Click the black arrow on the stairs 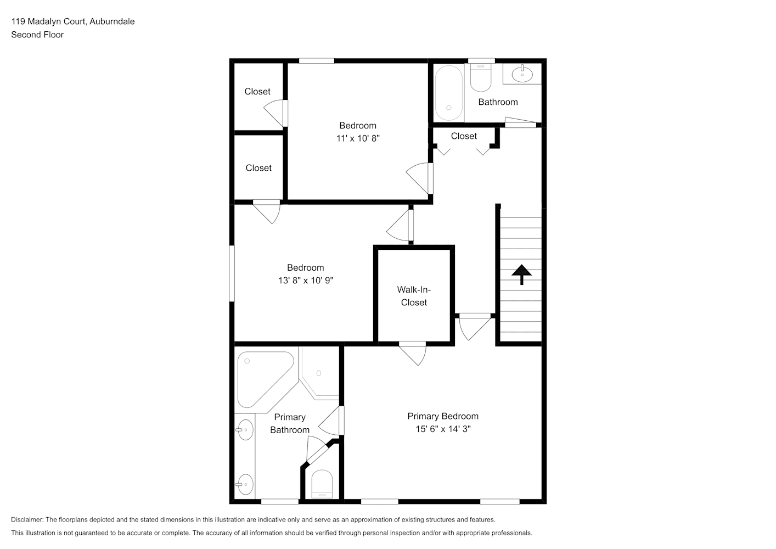pyautogui.click(x=522, y=274)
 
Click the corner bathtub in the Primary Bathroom pyautogui.click(x=266, y=379)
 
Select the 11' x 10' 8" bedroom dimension pyautogui.click(x=358, y=138)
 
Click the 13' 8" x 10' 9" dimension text pyautogui.click(x=306, y=281)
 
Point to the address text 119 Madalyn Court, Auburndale pyautogui.click(x=73, y=21)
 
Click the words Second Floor pyautogui.click(x=37, y=35)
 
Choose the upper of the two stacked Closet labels pyautogui.click(x=257, y=92)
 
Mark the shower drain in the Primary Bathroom pyautogui.click(x=319, y=373)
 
